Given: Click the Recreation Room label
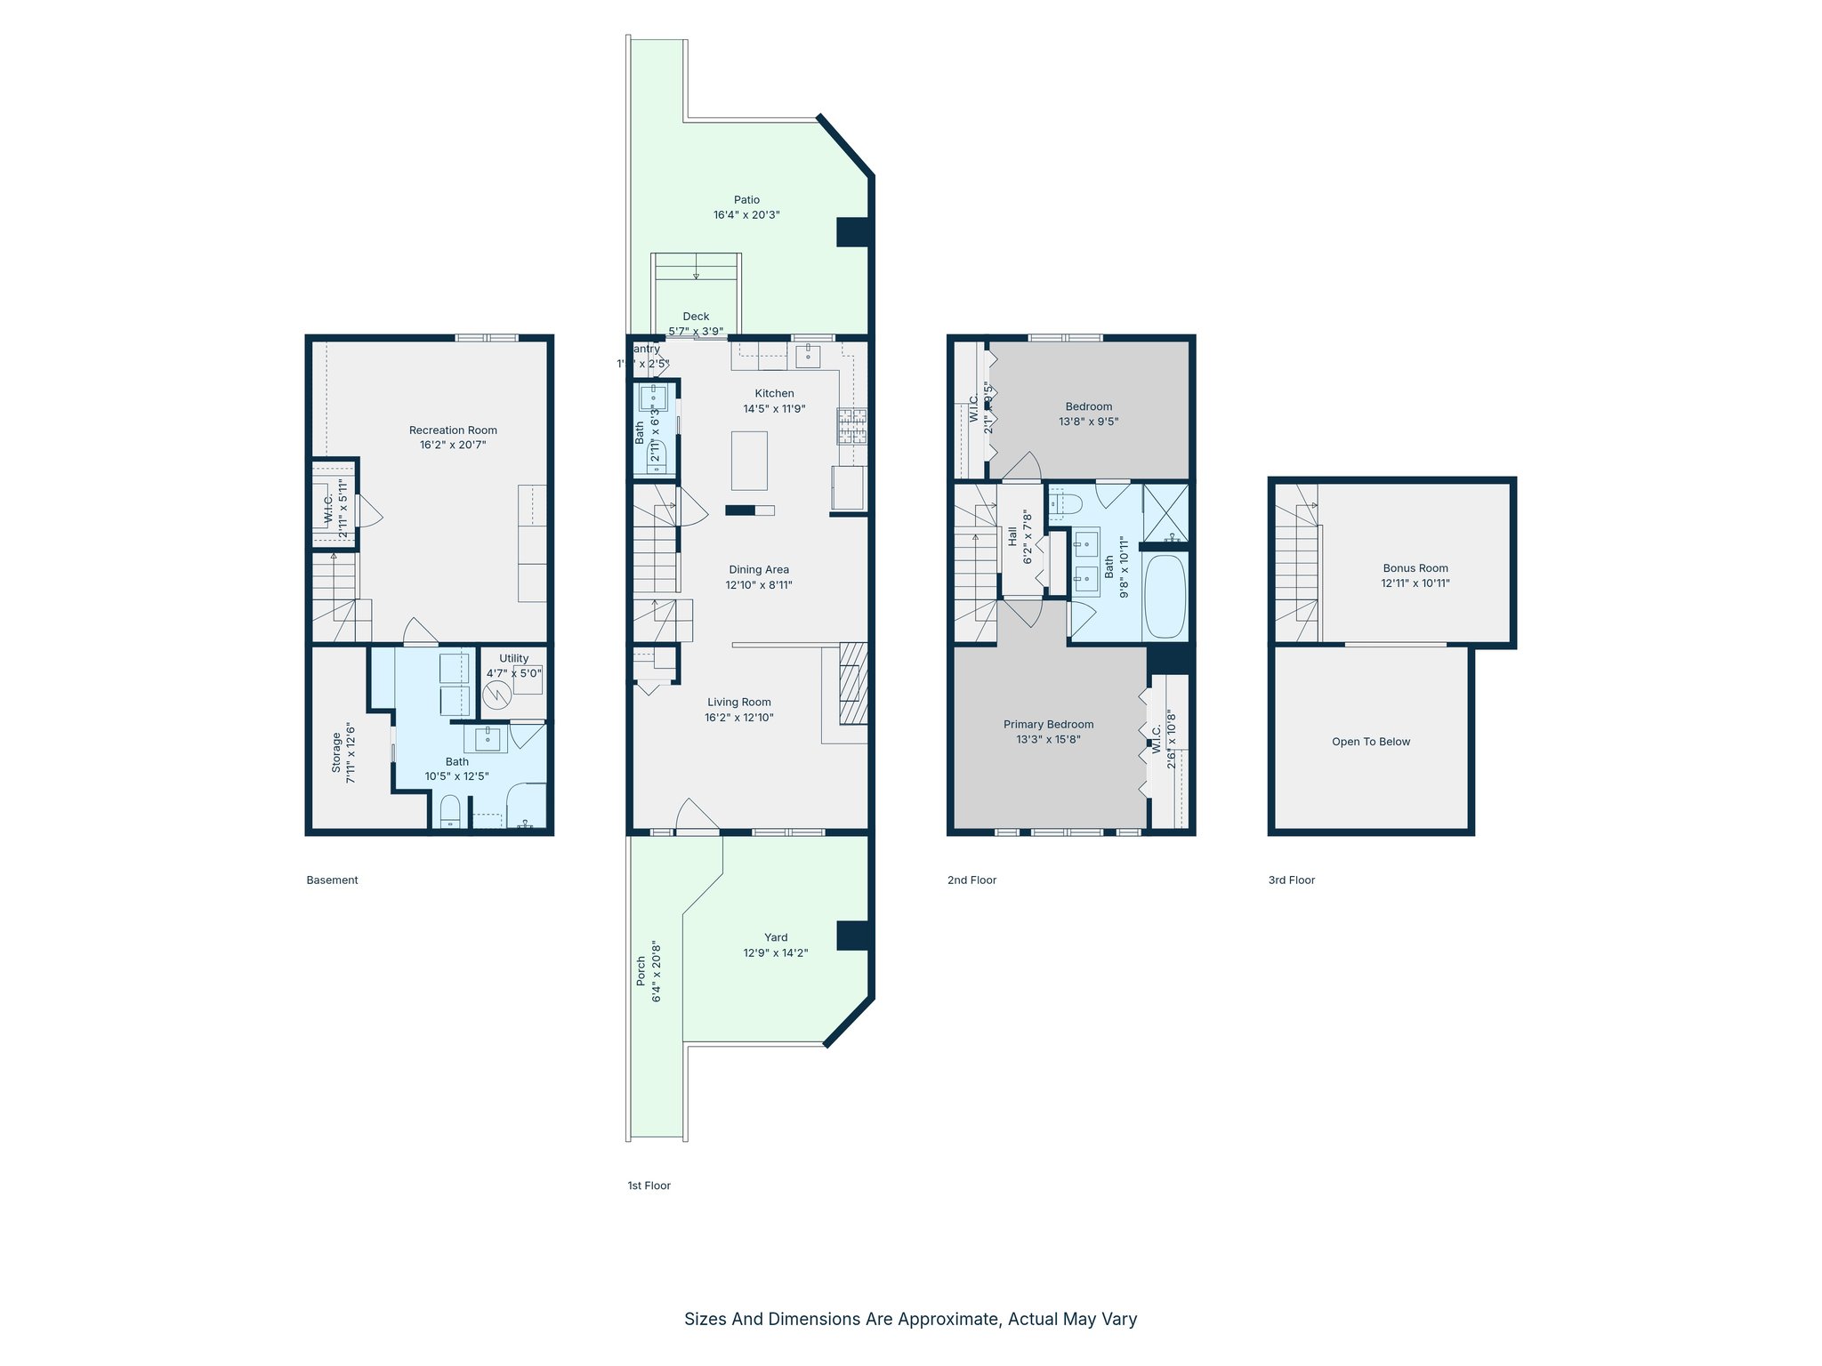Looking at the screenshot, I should (453, 430).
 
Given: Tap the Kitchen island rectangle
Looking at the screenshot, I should (749, 460).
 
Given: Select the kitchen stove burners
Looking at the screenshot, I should (851, 426).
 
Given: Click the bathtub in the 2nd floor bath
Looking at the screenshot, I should (1165, 596).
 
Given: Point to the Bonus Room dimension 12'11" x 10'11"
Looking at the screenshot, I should (1415, 583).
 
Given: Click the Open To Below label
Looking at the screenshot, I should (1370, 742).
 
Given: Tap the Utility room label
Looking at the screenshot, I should (513, 659).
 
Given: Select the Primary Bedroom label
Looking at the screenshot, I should (1048, 725).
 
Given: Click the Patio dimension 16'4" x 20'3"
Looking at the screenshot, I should (746, 215).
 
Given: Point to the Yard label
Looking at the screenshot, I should (776, 937).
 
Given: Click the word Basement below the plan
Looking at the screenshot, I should (332, 880).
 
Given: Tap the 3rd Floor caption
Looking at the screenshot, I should (1291, 880).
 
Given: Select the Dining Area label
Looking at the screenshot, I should (758, 570).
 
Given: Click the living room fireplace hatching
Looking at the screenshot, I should (853, 683).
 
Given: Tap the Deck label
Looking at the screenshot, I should (696, 317).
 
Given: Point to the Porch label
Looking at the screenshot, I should (641, 971).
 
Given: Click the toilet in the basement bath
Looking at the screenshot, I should (451, 810).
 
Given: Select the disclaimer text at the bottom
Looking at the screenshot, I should (910, 1319).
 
